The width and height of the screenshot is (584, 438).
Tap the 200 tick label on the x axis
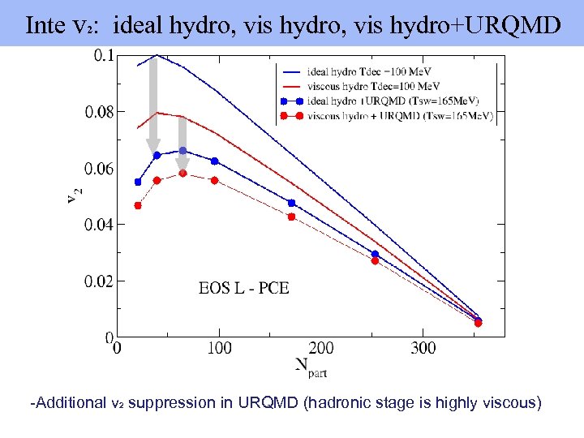coord(321,348)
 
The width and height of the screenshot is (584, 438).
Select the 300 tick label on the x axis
coord(423,348)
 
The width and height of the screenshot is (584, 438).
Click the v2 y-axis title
coord(74,195)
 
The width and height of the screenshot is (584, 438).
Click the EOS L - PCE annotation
coord(243,288)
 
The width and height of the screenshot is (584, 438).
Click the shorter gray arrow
coord(182,142)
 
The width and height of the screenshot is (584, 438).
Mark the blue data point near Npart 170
coord(291,203)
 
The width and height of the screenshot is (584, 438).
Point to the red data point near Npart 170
coord(291,217)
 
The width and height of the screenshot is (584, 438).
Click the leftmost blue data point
coord(138,182)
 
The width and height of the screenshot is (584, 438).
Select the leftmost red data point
coord(138,205)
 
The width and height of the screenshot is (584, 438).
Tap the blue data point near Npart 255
coord(375,254)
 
